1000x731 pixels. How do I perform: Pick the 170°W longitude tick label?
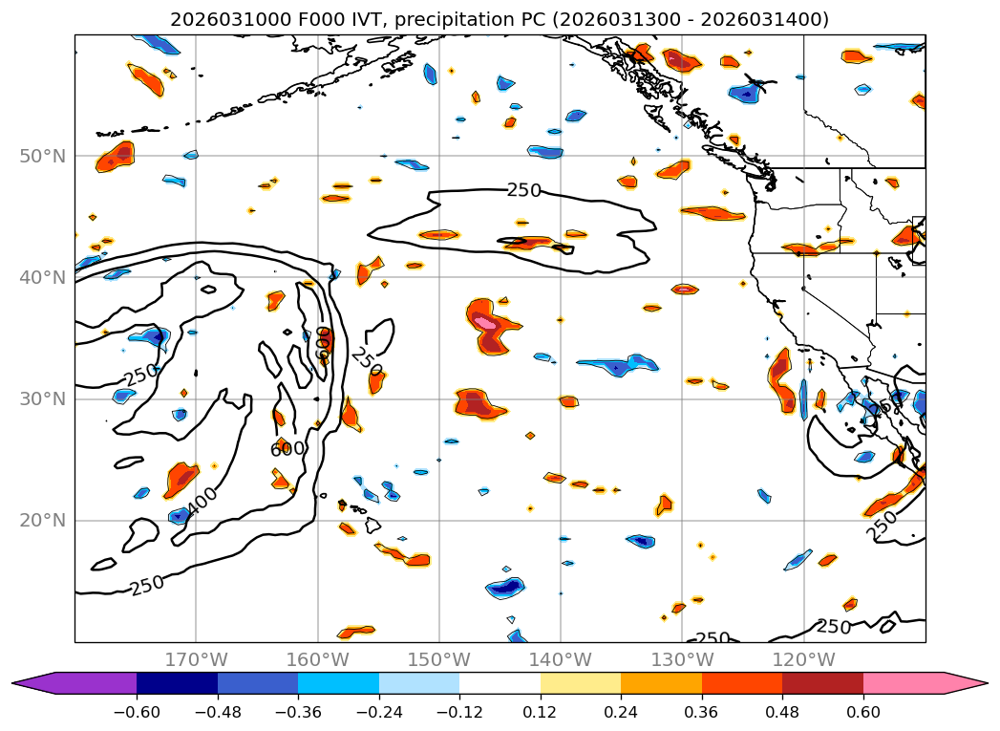[x=196, y=659]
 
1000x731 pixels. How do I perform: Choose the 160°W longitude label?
[x=317, y=659]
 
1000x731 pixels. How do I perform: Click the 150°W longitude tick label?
[x=439, y=659]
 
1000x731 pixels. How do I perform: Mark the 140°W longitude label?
[x=561, y=659]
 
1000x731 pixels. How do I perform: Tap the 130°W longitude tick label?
[x=682, y=659]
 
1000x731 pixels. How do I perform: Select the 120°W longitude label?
[x=803, y=659]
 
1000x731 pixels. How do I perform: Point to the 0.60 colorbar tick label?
[x=863, y=712]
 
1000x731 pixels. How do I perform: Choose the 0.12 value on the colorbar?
[x=541, y=712]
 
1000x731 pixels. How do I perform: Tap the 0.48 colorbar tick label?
[x=782, y=712]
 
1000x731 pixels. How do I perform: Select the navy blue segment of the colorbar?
[x=177, y=682]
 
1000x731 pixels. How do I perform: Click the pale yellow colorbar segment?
[x=581, y=682]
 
